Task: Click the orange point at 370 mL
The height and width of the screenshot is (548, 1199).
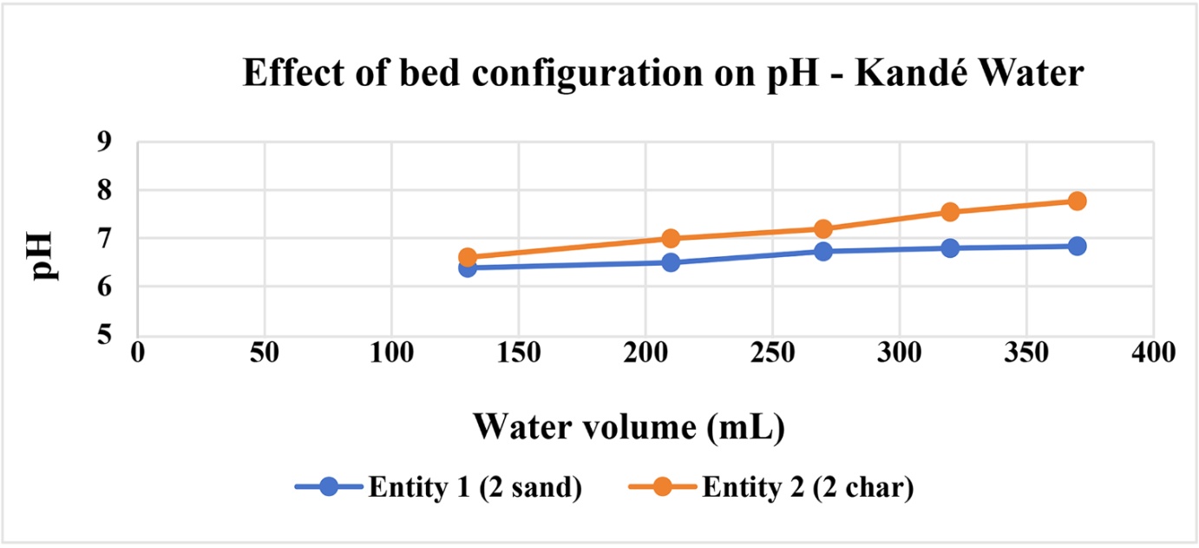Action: point(1077,201)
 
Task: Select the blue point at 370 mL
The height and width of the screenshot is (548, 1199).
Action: point(1077,247)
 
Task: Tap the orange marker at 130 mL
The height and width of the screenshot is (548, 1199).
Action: point(468,257)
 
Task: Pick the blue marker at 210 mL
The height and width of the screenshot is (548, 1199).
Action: point(671,262)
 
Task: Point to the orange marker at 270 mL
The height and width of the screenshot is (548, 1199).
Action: point(823,229)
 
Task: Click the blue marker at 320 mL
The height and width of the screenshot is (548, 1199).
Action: point(950,248)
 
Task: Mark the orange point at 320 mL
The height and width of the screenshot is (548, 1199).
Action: point(950,212)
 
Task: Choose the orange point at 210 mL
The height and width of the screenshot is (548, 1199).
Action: point(671,238)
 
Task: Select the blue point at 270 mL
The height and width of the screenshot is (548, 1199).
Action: point(823,251)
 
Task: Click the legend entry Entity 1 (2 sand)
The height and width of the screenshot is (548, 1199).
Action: point(439,487)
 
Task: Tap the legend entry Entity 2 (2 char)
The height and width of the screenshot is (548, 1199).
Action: point(771,487)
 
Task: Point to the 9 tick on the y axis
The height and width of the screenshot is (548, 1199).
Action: point(105,142)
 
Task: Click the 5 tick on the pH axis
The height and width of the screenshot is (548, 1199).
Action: point(105,335)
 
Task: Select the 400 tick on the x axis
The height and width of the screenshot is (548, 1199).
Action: point(1153,353)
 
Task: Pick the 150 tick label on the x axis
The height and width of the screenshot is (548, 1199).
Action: point(518,353)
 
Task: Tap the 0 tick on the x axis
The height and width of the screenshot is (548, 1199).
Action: point(138,353)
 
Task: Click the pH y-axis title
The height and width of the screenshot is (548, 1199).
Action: point(43,256)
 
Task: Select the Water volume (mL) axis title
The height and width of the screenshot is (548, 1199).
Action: point(629,427)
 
